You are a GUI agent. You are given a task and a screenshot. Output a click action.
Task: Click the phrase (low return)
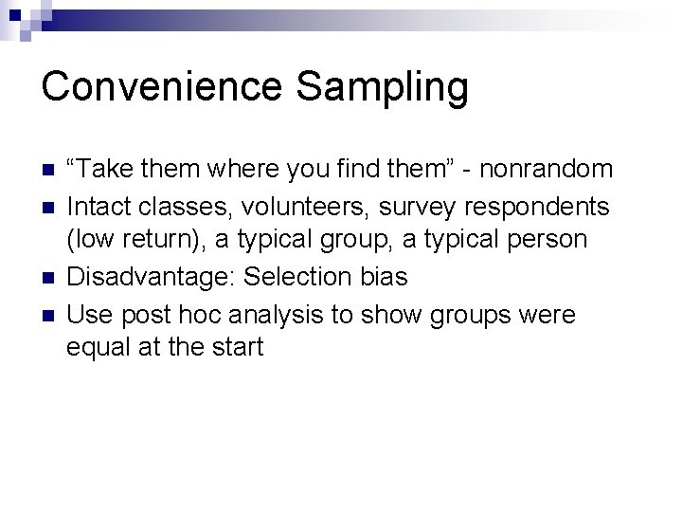135,240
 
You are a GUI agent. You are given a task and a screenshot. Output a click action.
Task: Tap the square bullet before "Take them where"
47,171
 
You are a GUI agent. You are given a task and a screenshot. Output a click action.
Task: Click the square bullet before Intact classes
47,206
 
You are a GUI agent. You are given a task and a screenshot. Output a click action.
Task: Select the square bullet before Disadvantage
47,277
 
